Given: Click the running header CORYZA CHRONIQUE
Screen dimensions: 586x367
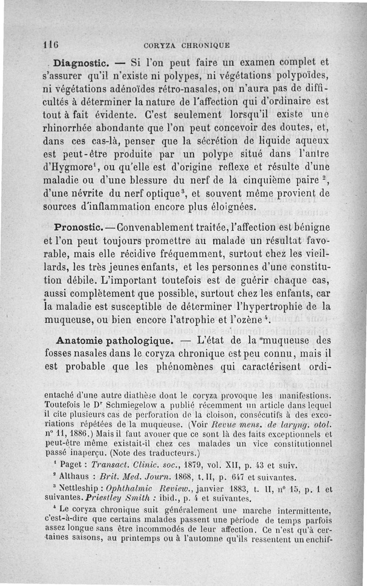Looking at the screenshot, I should pos(186,46).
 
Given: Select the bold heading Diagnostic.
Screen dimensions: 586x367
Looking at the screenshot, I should pos(80,62).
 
